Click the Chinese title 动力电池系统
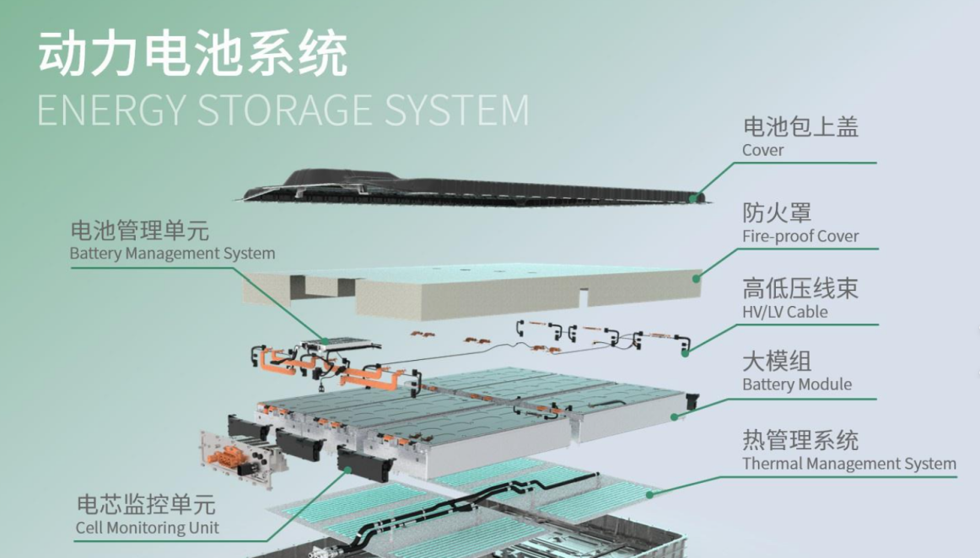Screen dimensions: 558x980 coord(192,56)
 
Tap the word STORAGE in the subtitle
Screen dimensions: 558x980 coord(292,111)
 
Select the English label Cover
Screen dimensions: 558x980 coord(762,151)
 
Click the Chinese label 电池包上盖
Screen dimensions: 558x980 coord(800,127)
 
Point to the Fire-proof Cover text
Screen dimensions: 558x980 coord(800,236)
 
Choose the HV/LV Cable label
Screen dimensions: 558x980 coord(784,312)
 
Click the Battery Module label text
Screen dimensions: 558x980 coord(796,384)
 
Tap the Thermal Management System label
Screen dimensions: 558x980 coord(848,464)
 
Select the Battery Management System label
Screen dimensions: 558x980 coord(172,253)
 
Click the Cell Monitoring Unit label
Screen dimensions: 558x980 coord(147,528)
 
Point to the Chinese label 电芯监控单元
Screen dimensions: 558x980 coord(146,505)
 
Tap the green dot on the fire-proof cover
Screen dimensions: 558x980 coord(697,276)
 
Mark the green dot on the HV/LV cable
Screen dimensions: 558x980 coord(685,351)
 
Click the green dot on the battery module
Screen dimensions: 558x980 coord(674,416)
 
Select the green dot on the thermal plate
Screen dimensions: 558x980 coord(649,493)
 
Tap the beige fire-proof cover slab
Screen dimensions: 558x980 coord(472,291)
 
